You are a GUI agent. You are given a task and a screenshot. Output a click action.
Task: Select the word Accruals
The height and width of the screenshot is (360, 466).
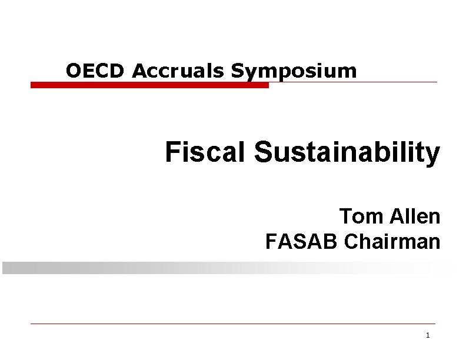click(180, 71)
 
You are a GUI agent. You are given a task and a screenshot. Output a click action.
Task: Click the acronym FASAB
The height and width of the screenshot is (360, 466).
click(302, 241)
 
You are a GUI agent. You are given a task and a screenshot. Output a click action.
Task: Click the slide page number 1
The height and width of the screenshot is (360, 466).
click(427, 335)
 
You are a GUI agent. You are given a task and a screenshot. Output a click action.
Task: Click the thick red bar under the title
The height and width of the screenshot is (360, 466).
click(149, 85)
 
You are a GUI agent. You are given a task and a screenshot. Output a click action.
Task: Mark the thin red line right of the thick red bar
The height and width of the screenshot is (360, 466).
click(353, 82)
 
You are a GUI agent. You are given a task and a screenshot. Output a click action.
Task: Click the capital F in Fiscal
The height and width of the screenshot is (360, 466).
click(172, 152)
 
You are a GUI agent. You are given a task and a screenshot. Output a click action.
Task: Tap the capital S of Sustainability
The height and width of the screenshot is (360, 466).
click(262, 152)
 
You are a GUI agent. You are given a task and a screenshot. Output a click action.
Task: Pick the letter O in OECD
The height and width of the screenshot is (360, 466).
click(74, 71)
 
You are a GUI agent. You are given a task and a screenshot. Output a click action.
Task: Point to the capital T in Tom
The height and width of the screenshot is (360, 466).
click(345, 216)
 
